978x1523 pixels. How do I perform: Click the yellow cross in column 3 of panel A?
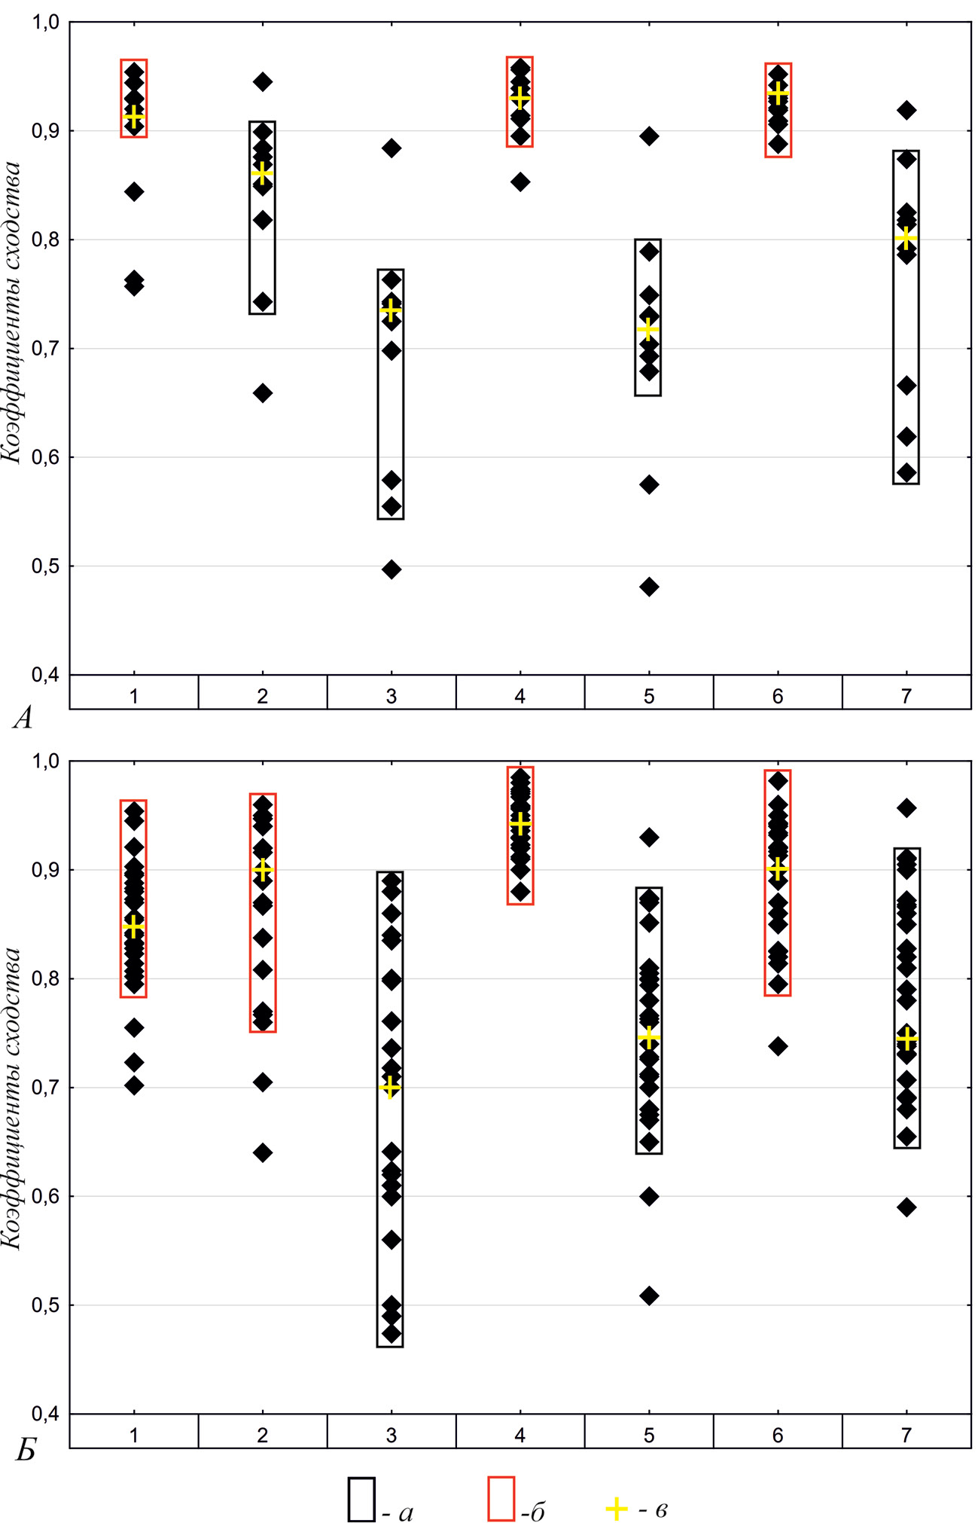[391, 310]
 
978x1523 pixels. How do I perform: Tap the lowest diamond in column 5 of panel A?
[649, 587]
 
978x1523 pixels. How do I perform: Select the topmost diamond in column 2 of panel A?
[263, 82]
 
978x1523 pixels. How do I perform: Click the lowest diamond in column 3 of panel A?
[392, 569]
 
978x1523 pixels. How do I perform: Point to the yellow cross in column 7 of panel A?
[906, 238]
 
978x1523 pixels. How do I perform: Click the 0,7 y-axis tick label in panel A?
[44, 349]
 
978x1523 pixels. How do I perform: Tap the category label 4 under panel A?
[519, 696]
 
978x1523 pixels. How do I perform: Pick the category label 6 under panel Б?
[777, 1435]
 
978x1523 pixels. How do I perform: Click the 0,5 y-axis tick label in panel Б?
[44, 1305]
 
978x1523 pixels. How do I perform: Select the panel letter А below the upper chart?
[23, 719]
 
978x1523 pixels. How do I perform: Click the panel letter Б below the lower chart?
[26, 1451]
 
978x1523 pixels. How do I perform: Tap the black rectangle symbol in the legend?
[361, 1499]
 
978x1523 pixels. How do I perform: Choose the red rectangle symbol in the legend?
[501, 1499]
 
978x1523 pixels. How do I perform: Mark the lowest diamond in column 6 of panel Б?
[778, 1046]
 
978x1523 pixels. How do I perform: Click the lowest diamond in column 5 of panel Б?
[649, 1296]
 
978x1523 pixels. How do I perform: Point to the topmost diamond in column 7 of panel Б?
[907, 808]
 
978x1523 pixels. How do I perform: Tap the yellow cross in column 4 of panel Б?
[520, 824]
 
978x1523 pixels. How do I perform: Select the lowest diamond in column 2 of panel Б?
[263, 1153]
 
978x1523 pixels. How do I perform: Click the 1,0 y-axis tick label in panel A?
[44, 23]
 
